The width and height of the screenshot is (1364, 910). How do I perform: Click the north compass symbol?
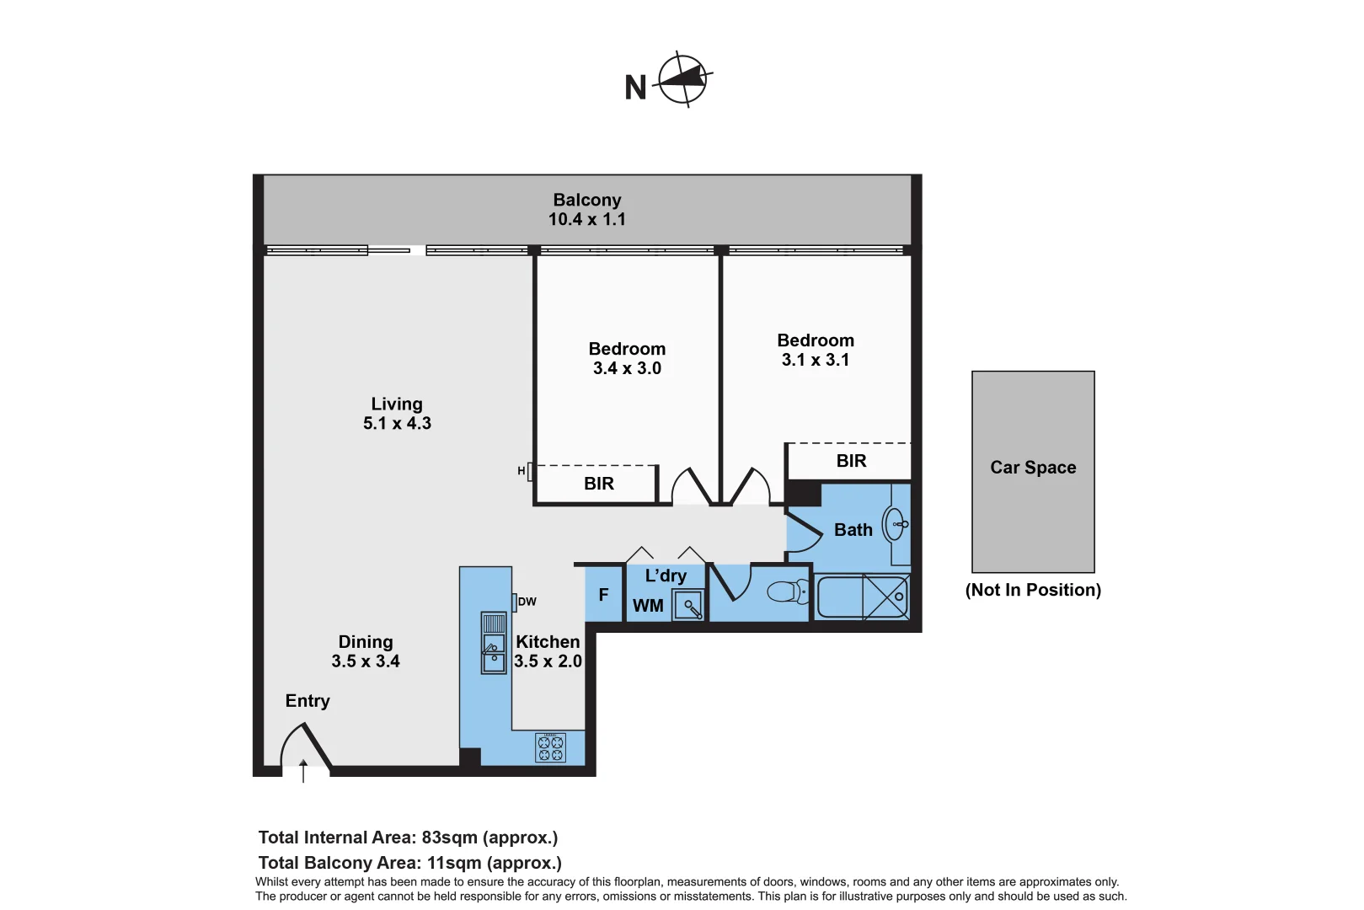click(682, 80)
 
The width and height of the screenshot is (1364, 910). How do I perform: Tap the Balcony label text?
click(586, 200)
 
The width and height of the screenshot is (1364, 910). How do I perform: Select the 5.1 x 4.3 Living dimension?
click(397, 423)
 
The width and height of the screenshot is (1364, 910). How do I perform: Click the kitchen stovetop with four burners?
click(550, 747)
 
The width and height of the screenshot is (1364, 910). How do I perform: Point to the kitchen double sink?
click(494, 643)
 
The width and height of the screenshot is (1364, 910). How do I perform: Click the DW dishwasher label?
click(527, 602)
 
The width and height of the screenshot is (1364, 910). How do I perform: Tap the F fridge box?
click(603, 595)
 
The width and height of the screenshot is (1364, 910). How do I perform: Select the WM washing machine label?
click(648, 606)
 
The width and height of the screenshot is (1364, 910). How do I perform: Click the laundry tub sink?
click(689, 605)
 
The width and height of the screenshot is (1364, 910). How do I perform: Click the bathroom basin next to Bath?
click(895, 524)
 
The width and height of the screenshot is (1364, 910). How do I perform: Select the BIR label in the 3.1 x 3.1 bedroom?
click(851, 461)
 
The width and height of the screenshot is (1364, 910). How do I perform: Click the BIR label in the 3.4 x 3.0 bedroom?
click(598, 484)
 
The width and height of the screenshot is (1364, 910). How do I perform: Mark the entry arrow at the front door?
click(303, 769)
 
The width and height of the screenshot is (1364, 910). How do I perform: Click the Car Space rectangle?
click(1033, 472)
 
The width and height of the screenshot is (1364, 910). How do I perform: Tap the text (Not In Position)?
click(1033, 590)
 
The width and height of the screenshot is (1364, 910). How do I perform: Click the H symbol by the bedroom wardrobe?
click(522, 471)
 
